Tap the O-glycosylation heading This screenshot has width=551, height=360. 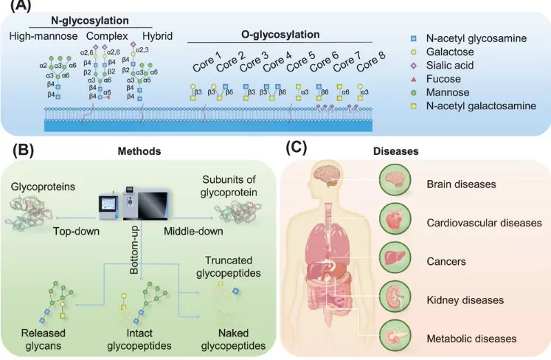tap(280, 35)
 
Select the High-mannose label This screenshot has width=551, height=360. tap(41, 35)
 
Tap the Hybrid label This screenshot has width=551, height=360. tap(157, 35)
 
